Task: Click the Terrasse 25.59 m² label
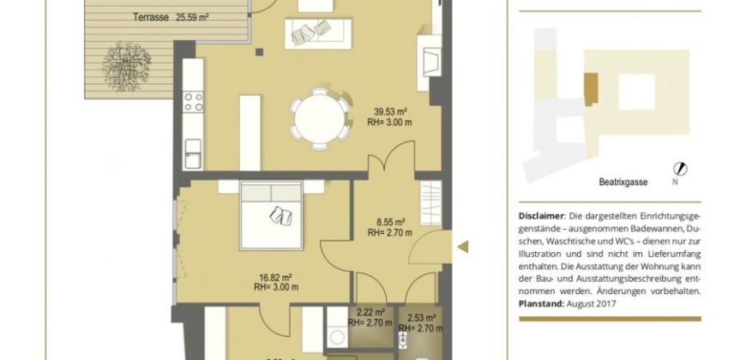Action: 171,18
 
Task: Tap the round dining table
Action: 320,118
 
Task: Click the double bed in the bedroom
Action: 272,215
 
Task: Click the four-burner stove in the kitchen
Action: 193,102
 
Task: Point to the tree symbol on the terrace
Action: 127,66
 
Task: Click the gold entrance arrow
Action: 463,247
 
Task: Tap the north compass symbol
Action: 680,169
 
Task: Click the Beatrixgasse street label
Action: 623,182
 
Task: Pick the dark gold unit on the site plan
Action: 591,89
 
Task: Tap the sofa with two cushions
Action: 318,33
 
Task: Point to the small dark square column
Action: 259,51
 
